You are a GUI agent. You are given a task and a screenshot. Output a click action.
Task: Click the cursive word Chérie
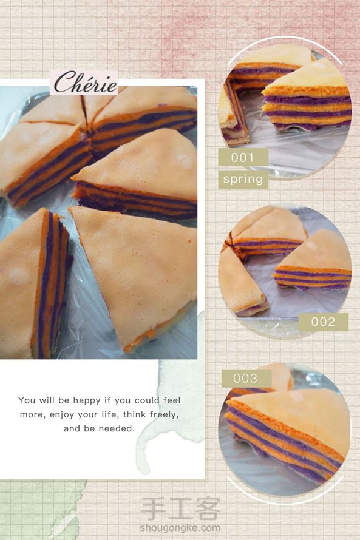tap(85, 83)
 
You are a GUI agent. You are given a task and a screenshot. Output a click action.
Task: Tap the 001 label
tap(243, 157)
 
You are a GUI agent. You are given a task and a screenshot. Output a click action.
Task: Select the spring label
tap(243, 179)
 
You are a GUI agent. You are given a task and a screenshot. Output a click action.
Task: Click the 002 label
tap(323, 322)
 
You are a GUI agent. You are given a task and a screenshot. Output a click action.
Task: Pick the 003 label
tap(245, 378)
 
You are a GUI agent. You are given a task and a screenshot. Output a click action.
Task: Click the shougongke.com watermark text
tap(180, 528)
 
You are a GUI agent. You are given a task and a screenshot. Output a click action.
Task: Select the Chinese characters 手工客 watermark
tap(180, 508)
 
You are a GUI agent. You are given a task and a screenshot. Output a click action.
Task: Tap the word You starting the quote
tap(27, 400)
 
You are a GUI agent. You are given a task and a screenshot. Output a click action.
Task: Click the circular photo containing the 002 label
tap(285, 271)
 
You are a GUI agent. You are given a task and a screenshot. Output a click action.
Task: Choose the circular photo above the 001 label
tap(285, 111)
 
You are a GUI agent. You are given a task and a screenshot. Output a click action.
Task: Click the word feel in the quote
tap(172, 400)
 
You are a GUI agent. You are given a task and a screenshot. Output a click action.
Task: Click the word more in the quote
tap(32, 414)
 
